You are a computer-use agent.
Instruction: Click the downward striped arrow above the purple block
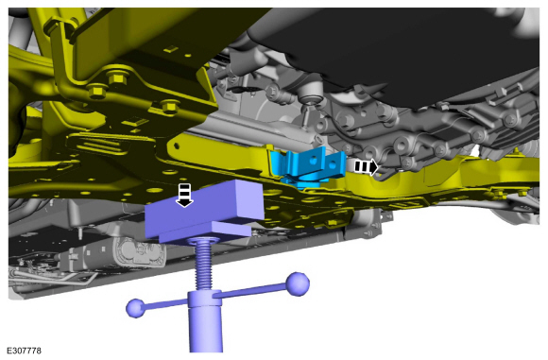(184, 195)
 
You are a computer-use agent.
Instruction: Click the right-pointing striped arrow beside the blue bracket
(366, 166)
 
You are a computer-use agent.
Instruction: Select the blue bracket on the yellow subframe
(308, 166)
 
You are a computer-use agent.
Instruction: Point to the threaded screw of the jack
(204, 263)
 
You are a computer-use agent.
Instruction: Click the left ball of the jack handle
(135, 308)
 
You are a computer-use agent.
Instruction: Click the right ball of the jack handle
(298, 283)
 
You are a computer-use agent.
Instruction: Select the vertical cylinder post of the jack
(205, 321)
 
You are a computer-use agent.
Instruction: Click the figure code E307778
(24, 351)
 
